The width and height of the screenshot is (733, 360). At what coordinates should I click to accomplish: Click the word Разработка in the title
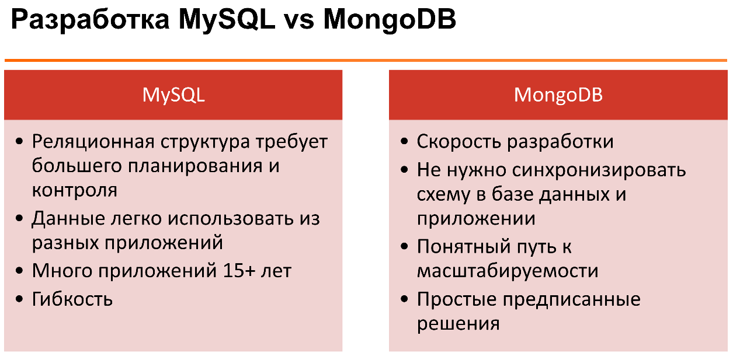[90, 20]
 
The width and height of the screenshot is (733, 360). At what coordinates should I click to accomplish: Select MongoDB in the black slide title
[390, 20]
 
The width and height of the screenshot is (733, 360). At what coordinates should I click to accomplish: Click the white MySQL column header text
[173, 96]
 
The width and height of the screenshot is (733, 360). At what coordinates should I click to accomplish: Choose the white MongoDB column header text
[558, 95]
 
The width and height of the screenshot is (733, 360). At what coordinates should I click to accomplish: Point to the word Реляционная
[93, 142]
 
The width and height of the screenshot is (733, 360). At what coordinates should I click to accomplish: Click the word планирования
[195, 166]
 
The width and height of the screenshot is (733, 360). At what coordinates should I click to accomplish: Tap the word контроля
[75, 190]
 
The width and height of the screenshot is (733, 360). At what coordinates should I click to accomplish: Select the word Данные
[68, 218]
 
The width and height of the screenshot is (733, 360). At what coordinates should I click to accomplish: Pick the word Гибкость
[72, 299]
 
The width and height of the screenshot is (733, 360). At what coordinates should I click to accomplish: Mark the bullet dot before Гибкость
[19, 299]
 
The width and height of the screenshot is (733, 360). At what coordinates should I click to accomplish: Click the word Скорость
[458, 142]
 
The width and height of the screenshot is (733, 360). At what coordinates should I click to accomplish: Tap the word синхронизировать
[599, 171]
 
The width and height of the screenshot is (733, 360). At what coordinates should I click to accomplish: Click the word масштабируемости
[508, 271]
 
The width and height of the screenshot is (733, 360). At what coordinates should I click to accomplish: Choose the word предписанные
[572, 299]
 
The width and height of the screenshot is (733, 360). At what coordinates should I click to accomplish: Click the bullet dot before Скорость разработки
[404, 142]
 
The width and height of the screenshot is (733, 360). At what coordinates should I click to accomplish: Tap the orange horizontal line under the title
[366, 61]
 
